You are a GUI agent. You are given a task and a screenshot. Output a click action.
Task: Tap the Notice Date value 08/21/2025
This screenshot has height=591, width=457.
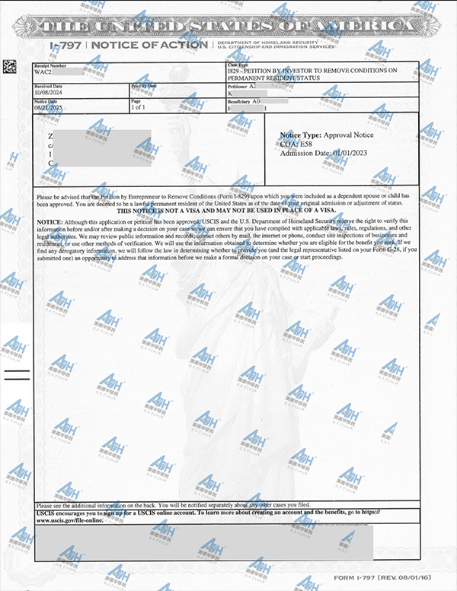(x=47, y=108)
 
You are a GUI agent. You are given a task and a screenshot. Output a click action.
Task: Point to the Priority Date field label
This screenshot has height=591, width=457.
(x=143, y=86)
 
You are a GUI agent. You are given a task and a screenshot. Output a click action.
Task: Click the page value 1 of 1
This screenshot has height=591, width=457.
(x=140, y=108)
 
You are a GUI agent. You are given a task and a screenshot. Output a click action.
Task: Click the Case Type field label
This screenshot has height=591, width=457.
(x=237, y=65)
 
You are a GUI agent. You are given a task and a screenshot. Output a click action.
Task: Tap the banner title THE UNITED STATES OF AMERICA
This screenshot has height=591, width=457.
(x=228, y=28)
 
